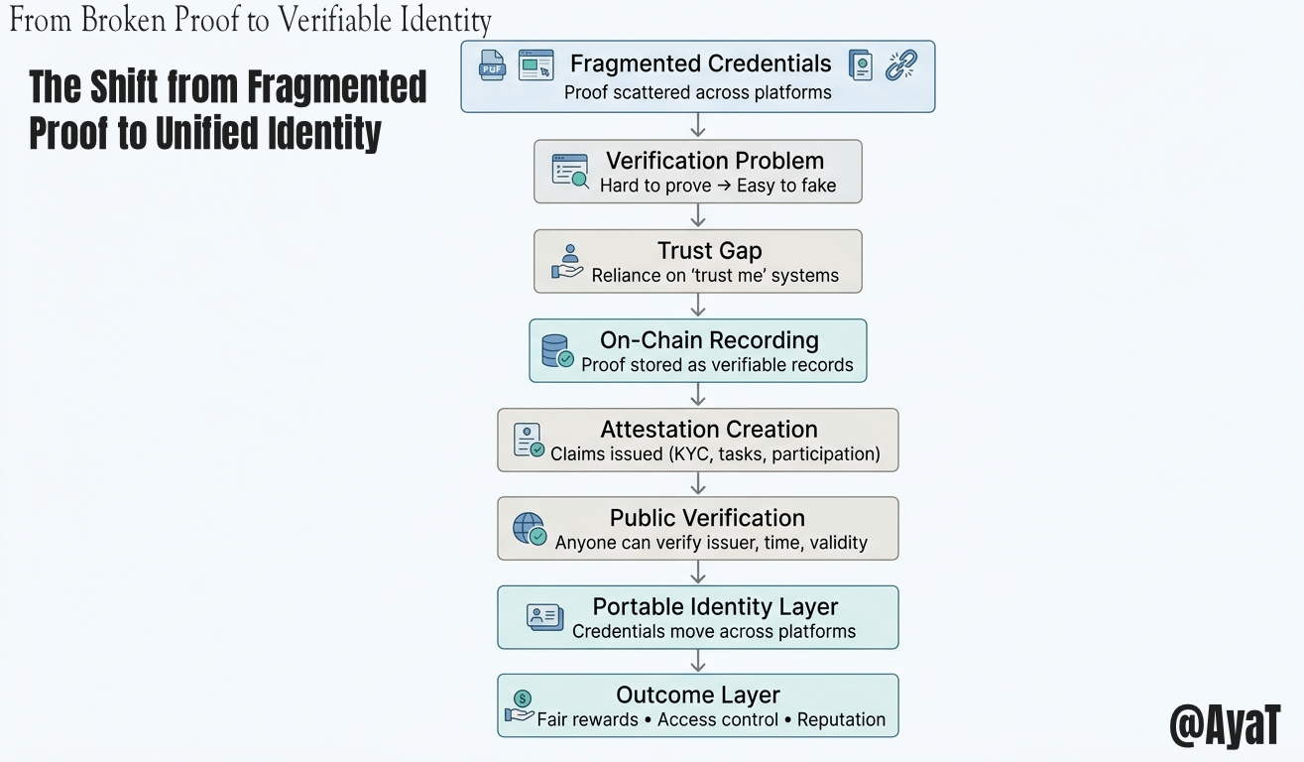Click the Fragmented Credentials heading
[700, 64]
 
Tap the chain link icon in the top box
[900, 65]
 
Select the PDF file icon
[491, 65]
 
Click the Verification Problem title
[714, 161]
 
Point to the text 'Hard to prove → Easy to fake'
[717, 186]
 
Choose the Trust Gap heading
[709, 251]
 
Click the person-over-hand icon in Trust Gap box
[569, 262]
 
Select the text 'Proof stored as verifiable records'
[717, 365]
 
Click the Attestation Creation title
[708, 430]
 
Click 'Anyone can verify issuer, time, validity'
[711, 543]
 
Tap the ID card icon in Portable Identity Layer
[544, 617]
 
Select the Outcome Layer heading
[697, 695]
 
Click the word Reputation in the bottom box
[841, 720]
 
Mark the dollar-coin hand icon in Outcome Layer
[520, 707]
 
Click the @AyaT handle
[1225, 726]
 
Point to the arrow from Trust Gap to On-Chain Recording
[698, 306]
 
